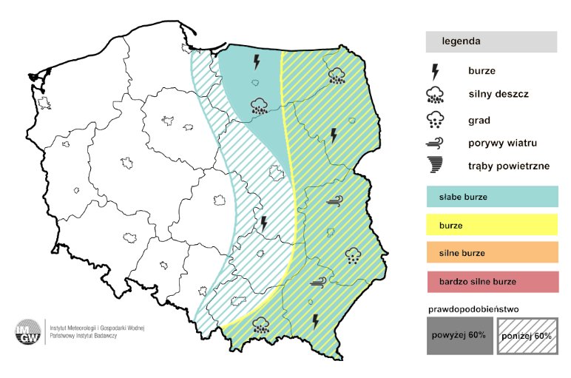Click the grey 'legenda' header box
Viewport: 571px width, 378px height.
click(x=490, y=41)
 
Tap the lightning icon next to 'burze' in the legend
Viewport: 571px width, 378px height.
click(x=436, y=72)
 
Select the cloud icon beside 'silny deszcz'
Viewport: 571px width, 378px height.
click(x=436, y=95)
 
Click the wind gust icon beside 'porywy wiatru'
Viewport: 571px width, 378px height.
click(x=436, y=142)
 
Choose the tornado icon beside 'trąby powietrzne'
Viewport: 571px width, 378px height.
click(x=436, y=166)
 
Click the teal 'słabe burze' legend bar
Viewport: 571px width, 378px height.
click(x=490, y=197)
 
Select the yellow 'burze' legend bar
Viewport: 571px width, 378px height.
click(x=490, y=225)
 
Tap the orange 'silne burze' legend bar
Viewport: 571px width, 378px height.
click(x=490, y=253)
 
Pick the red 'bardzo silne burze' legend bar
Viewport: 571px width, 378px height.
click(x=490, y=282)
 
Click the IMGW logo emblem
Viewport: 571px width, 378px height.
click(x=30, y=333)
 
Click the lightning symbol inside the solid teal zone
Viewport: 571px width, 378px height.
click(x=257, y=60)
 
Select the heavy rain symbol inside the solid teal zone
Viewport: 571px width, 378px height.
click(x=259, y=106)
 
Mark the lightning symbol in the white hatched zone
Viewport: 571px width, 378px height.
click(x=263, y=223)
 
